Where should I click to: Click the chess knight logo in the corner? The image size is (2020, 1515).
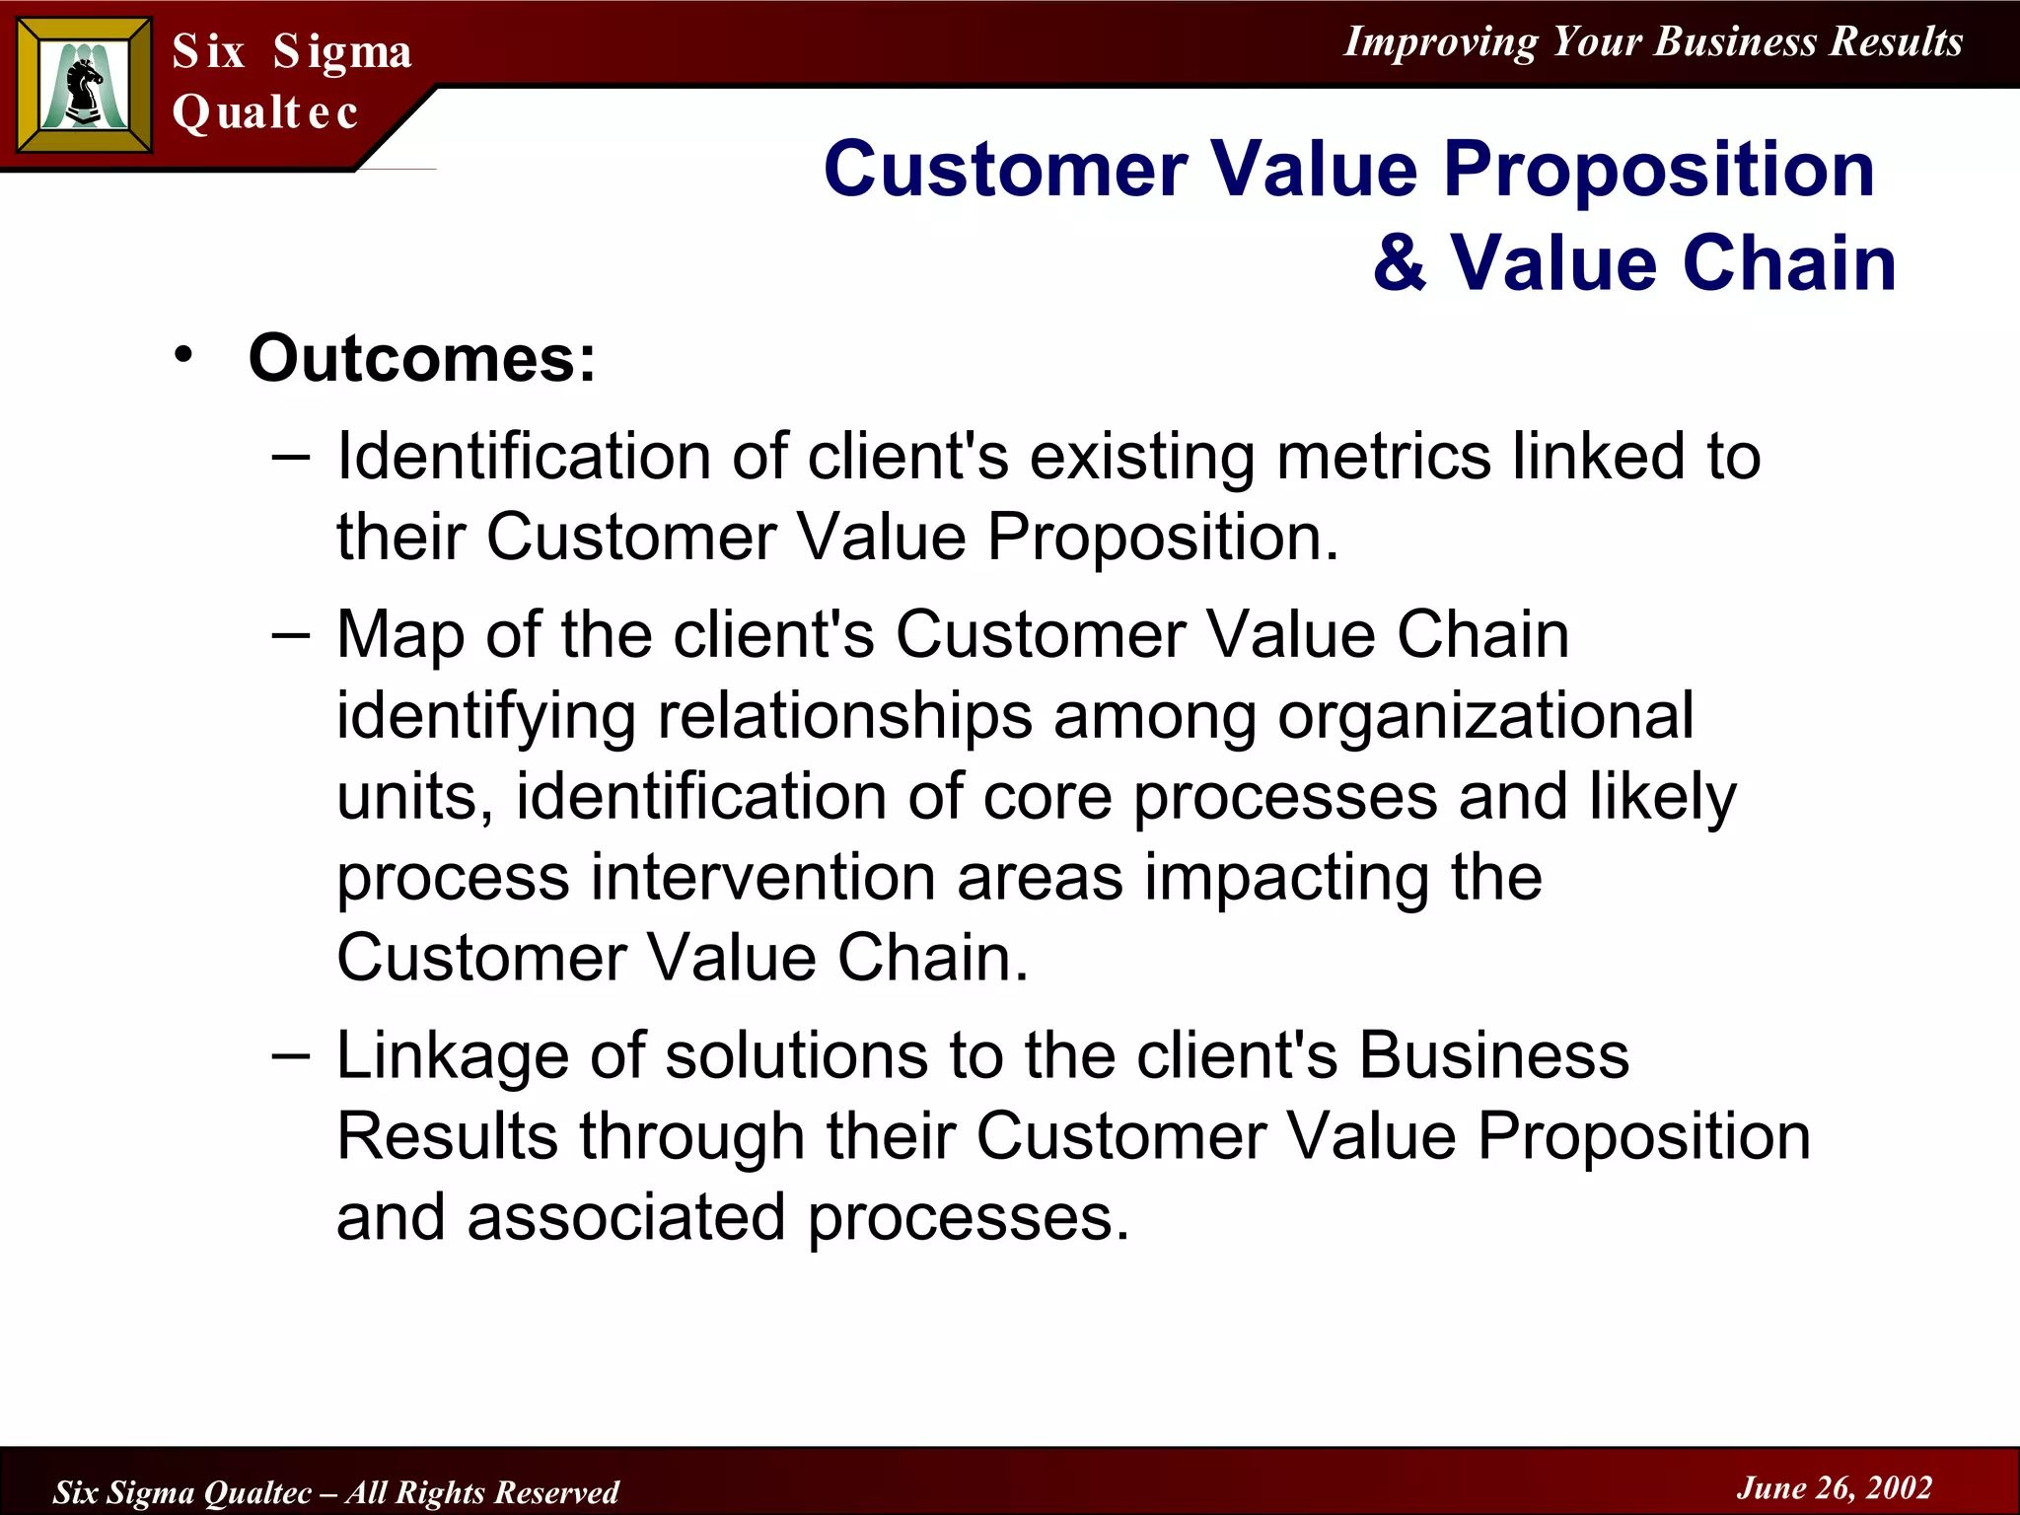pos(85,87)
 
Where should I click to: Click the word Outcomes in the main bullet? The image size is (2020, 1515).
pos(421,358)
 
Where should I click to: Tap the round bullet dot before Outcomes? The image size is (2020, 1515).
pos(181,354)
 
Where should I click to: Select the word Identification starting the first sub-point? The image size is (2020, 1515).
pos(524,456)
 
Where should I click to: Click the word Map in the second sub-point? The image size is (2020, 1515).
pos(399,634)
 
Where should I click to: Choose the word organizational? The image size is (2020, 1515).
pos(1485,715)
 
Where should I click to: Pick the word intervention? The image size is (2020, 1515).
pos(762,877)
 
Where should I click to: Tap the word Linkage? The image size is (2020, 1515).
pos(453,1055)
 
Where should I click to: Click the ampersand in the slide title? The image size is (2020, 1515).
pos(1400,262)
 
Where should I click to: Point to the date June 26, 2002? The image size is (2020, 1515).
pos(1834,1487)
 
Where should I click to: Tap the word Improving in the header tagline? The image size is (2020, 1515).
pos(1440,41)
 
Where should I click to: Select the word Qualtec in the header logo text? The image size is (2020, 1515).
pos(264,111)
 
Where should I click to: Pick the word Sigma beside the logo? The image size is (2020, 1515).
pos(341,52)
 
